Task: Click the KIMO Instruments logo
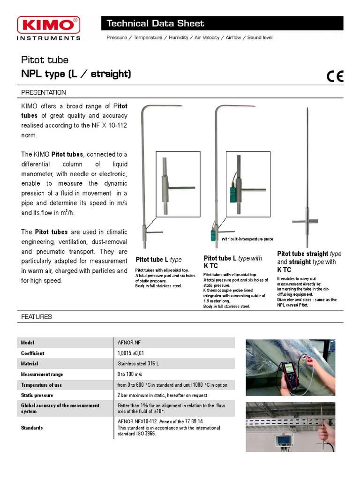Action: tap(48, 28)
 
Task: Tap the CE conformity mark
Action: tap(334, 76)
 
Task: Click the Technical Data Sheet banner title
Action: tap(155, 23)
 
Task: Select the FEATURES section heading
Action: tap(36, 317)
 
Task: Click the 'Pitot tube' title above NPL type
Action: tap(45, 60)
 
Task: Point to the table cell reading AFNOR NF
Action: tap(129, 343)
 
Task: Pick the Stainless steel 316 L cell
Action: tap(138, 364)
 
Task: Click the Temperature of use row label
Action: tap(41, 385)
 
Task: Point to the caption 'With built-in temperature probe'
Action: tap(247, 239)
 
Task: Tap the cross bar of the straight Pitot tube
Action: tap(305, 221)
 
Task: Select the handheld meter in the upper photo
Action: tap(289, 375)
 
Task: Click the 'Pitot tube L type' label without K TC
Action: tap(158, 260)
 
